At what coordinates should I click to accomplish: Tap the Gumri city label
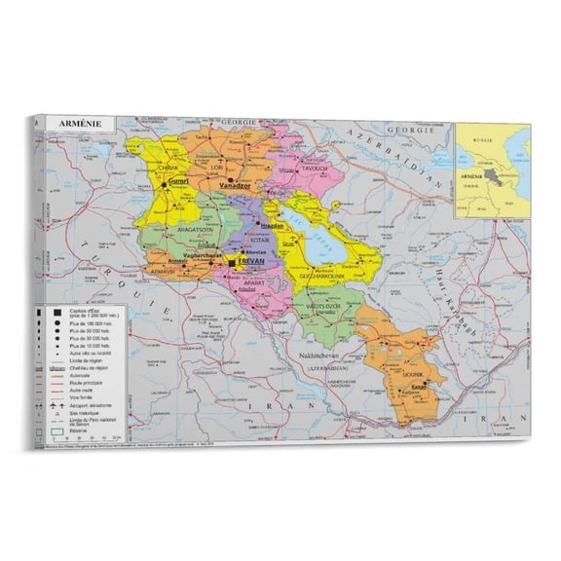177,181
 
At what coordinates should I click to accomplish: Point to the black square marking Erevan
231,262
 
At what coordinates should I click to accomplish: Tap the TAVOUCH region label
289,167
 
